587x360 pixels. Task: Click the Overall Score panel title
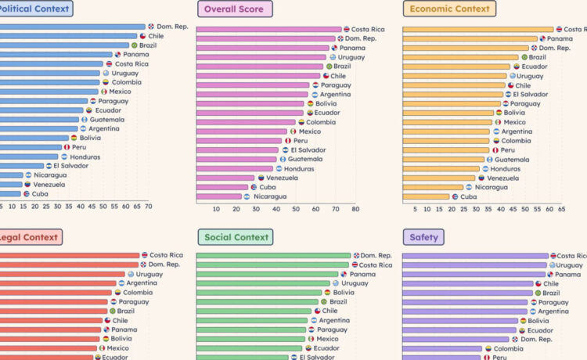click(235, 9)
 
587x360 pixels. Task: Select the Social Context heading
click(236, 237)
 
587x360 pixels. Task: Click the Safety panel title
click(424, 237)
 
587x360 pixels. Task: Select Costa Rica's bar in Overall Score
click(268, 29)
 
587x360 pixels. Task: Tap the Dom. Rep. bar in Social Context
click(273, 256)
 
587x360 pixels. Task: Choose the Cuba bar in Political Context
click(11, 193)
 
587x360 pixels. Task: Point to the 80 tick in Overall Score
click(355, 209)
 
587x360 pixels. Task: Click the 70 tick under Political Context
click(148, 207)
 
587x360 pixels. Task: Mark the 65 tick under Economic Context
click(560, 209)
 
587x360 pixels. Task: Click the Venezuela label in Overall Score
click(282, 178)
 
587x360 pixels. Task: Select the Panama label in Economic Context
click(560, 38)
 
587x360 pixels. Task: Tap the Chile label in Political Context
click(156, 36)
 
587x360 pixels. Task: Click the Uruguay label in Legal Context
click(149, 275)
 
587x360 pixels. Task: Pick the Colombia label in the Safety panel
click(508, 349)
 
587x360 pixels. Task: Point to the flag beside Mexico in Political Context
click(103, 92)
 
